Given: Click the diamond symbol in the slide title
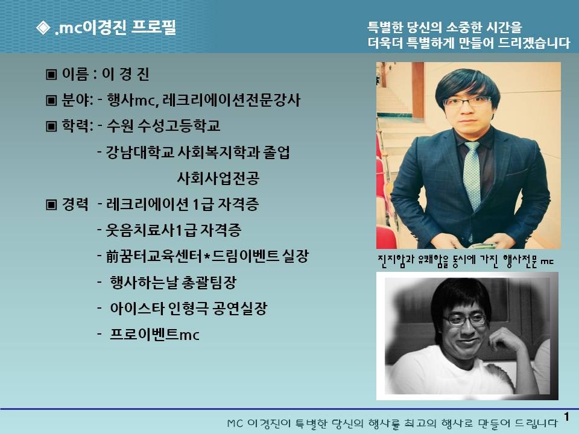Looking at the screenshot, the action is click(x=43, y=28).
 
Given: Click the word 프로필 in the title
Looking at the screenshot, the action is click(x=154, y=28).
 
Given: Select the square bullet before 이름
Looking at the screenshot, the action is click(x=51, y=75).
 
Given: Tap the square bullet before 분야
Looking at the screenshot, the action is click(x=51, y=101).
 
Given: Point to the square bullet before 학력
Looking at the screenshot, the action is click(x=51, y=126).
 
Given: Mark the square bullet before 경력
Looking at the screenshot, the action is click(x=51, y=204).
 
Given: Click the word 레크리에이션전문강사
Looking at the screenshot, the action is click(x=232, y=100).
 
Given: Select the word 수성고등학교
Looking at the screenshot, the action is click(x=179, y=126).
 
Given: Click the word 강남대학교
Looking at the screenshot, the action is click(x=140, y=152).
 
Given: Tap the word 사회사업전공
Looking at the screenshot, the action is click(x=218, y=178).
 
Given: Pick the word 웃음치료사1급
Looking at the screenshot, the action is click(x=151, y=230).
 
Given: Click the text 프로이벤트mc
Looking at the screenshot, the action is click(x=155, y=335).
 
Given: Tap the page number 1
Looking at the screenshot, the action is click(x=567, y=417).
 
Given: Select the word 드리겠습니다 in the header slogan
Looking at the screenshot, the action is click(x=534, y=43).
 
